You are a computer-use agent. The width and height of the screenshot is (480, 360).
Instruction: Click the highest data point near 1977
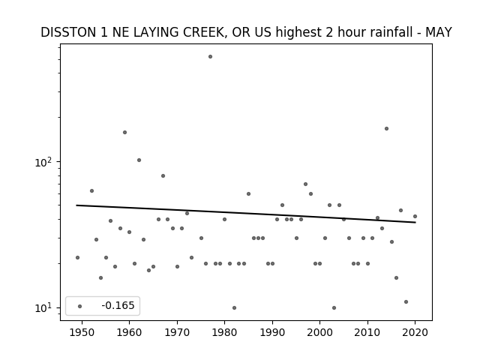click(x=210, y=57)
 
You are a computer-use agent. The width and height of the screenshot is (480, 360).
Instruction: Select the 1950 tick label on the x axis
click(x=82, y=333)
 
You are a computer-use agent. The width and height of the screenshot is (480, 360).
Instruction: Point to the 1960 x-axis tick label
click(x=129, y=333)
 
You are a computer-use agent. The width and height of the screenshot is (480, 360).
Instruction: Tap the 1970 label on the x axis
click(x=177, y=333)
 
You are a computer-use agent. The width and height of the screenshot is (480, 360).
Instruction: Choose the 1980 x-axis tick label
click(x=224, y=333)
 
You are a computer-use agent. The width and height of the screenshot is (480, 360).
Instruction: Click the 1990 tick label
click(x=272, y=333)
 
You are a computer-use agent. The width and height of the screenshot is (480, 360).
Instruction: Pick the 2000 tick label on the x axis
click(x=319, y=333)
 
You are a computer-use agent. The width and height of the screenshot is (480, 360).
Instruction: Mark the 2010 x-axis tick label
click(x=367, y=333)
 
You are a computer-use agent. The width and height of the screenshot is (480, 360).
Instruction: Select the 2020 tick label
click(x=415, y=333)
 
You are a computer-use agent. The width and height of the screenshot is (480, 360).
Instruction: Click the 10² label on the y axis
click(x=44, y=162)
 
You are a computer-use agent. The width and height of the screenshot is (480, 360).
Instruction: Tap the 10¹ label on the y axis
click(x=44, y=307)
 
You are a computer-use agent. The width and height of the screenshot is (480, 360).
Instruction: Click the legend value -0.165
click(x=118, y=305)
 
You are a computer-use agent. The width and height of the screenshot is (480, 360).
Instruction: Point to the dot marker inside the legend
click(x=80, y=306)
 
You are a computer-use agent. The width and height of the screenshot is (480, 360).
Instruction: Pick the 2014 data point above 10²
click(x=387, y=128)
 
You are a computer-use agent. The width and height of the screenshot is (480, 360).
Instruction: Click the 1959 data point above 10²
click(x=125, y=132)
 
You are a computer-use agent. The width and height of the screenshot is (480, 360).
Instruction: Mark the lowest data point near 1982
click(x=234, y=307)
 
